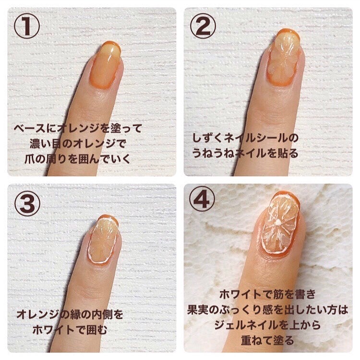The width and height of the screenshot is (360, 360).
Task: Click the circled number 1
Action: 27,25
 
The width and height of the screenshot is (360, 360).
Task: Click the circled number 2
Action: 203,25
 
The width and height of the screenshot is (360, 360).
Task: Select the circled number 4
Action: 202,200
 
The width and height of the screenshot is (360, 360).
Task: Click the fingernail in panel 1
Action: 106,65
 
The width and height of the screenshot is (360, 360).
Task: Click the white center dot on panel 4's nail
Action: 278,222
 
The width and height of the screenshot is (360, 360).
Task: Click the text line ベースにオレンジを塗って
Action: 78,128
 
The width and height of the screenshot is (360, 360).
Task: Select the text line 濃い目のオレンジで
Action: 78,144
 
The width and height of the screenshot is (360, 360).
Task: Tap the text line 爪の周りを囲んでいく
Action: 78,159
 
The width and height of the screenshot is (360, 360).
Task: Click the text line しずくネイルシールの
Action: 245,138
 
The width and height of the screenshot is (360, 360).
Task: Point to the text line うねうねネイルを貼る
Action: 245,153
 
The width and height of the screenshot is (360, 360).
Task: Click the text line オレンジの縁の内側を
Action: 70,314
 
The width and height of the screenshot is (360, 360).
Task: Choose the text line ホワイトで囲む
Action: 70,330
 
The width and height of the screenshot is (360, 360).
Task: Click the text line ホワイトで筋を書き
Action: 268,294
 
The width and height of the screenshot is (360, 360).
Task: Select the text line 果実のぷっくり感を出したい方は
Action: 268,310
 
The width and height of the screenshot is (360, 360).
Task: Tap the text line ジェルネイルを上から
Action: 267,325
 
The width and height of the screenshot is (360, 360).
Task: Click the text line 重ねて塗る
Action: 267,340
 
